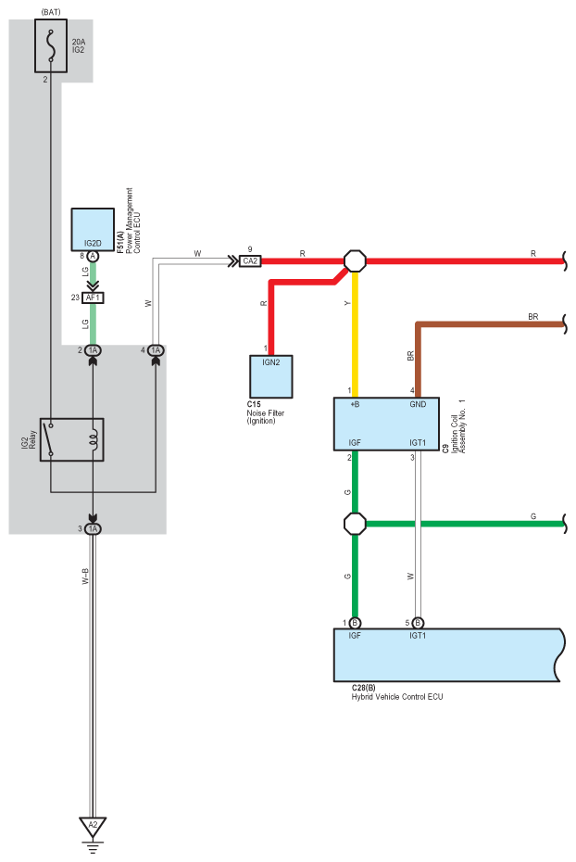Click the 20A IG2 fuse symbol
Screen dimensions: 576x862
click(x=51, y=45)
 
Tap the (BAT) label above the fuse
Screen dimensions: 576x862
click(x=51, y=12)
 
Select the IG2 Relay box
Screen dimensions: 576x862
click(x=71, y=439)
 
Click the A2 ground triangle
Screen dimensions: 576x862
click(x=93, y=826)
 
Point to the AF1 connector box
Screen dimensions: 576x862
click(x=93, y=298)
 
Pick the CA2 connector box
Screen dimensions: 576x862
click(x=250, y=261)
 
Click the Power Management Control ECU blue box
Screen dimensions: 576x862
click(x=93, y=229)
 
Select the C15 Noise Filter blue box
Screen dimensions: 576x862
click(x=270, y=376)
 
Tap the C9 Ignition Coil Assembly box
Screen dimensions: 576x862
click(x=386, y=424)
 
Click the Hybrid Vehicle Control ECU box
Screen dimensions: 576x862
click(x=448, y=654)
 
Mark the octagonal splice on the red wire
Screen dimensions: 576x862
click(x=355, y=260)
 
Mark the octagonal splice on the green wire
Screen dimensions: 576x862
click(x=355, y=524)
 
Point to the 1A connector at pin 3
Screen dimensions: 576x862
click(x=94, y=529)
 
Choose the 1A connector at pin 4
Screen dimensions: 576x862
click(x=156, y=350)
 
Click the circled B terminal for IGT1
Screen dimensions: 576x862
click(x=418, y=623)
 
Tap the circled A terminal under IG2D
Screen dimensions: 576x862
click(x=93, y=256)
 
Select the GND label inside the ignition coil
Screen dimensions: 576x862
click(x=418, y=404)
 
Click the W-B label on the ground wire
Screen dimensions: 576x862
click(x=85, y=577)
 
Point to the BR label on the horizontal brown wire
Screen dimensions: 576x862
click(x=533, y=317)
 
